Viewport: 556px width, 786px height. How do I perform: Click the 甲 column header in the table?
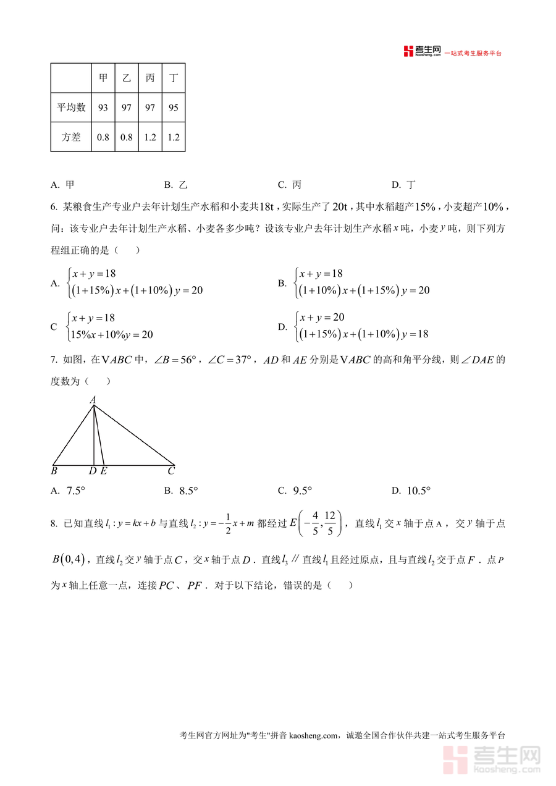coord(103,78)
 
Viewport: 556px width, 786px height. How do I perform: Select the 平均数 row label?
coord(71,108)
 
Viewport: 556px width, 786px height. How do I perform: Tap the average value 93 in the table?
coord(103,108)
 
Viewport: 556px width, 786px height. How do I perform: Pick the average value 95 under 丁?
coord(174,108)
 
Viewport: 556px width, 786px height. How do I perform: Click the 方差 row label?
coord(71,137)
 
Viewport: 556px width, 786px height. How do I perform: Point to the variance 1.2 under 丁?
coord(174,137)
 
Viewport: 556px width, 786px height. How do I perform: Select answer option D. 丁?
coord(404,185)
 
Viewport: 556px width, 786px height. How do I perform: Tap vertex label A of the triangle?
coord(93,400)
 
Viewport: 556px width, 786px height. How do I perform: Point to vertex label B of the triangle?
coord(54,471)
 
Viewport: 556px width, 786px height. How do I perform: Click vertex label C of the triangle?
coord(171,471)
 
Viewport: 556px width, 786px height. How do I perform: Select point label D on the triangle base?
coord(93,471)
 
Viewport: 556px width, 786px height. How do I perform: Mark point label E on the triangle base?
coord(103,471)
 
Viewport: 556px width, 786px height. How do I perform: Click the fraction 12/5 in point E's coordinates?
coord(331,523)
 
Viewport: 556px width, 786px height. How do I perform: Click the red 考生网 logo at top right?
coord(423,52)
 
